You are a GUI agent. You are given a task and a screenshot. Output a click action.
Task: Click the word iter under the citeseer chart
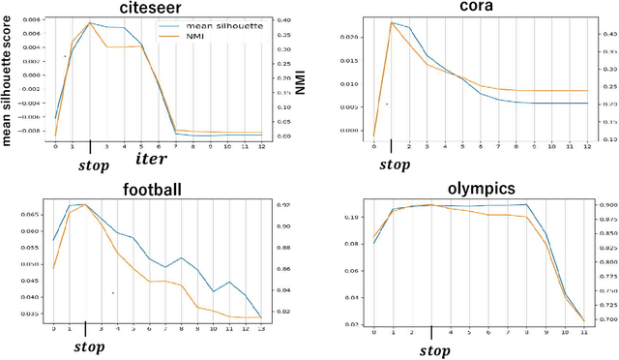[x=151, y=156]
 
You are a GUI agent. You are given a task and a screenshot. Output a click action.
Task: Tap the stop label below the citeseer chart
[x=93, y=165]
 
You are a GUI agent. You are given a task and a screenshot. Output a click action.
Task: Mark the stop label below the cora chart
[x=394, y=164]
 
